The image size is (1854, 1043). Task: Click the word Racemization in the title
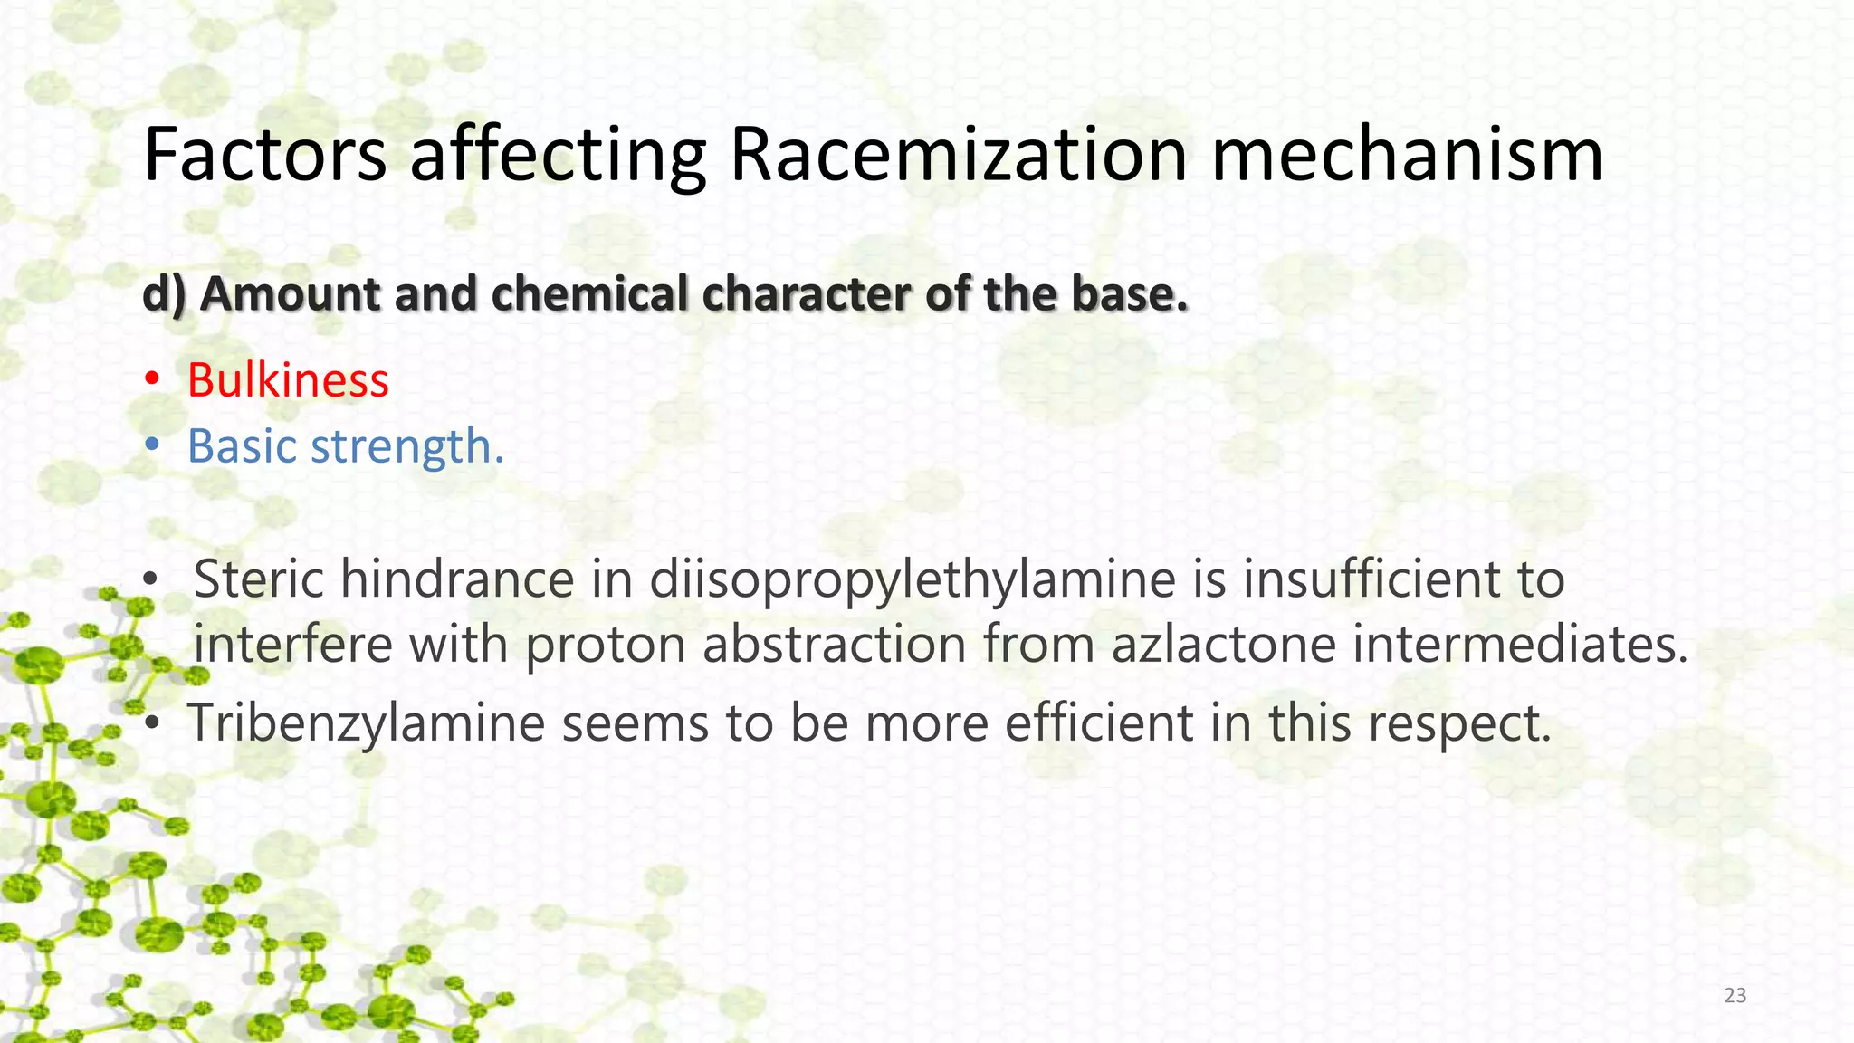pyautogui.click(x=958, y=154)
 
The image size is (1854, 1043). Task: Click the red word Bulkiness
pyautogui.click(x=288, y=379)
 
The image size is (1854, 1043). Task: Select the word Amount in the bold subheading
pyautogui.click(x=290, y=294)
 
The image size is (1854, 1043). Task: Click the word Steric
pyautogui.click(x=258, y=579)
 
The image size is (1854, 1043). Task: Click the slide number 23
pyautogui.click(x=1735, y=996)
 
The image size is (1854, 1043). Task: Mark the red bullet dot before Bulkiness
pyautogui.click(x=153, y=379)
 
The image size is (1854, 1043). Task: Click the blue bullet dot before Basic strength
pyautogui.click(x=153, y=446)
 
